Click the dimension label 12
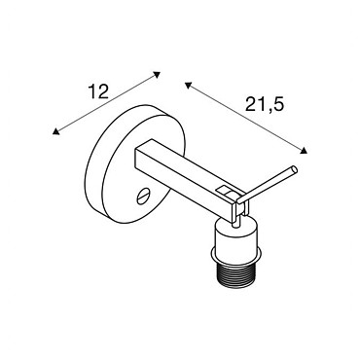[x=98, y=91]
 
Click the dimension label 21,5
[x=265, y=104]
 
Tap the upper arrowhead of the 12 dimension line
[x=157, y=74]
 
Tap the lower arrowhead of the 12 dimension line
[x=56, y=131]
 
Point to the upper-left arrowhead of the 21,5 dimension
[x=188, y=85]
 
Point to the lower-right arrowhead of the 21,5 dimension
[x=304, y=150]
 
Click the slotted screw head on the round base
[x=143, y=197]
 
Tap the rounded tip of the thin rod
[x=294, y=169]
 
